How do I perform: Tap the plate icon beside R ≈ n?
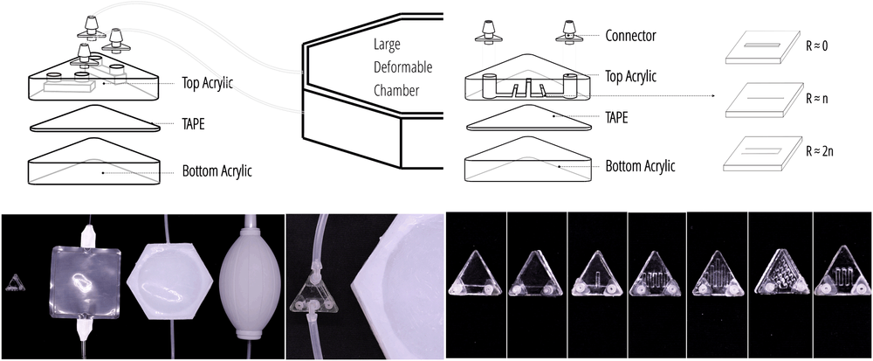[756, 101]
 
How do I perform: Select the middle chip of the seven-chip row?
[658, 274]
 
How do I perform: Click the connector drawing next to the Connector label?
[570, 32]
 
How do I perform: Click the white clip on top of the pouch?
[88, 234]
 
